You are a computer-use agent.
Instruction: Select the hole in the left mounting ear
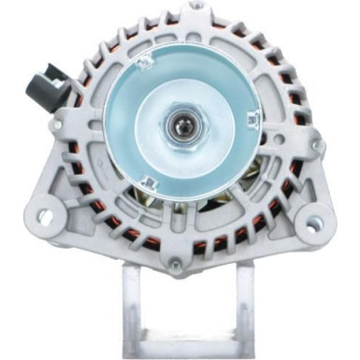coord(45,217)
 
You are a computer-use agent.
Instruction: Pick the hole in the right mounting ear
coord(314,223)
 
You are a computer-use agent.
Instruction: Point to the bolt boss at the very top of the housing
coord(194,7)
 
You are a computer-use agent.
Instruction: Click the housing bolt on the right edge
coord(318,147)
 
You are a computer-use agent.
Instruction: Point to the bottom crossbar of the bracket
coord(187,352)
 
